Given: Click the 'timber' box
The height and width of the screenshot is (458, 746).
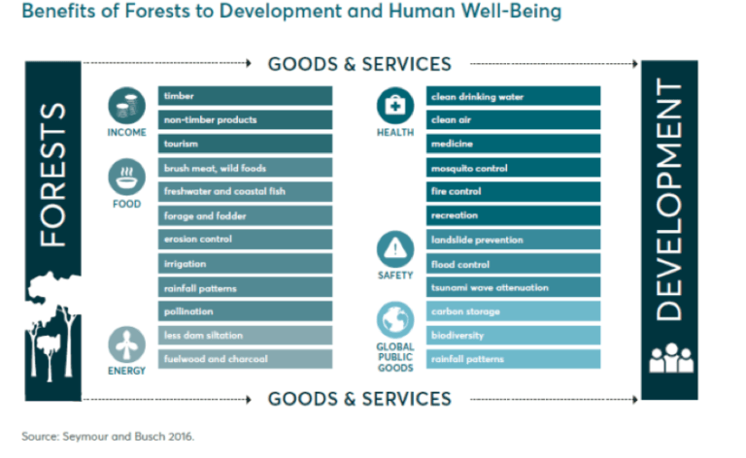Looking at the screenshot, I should tap(245, 96).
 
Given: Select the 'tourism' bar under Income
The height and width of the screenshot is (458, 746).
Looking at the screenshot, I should tap(245, 144).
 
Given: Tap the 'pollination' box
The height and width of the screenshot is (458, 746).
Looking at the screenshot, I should tap(245, 311).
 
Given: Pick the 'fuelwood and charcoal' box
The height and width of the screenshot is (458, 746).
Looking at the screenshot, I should tap(245, 359).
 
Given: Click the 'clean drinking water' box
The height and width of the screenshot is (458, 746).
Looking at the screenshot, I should tap(514, 96).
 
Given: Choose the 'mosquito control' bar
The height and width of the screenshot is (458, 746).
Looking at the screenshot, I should tap(514, 168).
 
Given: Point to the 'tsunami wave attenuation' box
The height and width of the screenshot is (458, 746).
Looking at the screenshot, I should tap(514, 287).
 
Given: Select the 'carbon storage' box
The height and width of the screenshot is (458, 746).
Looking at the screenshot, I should tap(514, 311).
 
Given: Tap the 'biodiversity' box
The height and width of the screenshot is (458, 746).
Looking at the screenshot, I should tap(514, 336).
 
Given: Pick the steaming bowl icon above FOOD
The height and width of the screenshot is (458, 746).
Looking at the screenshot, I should tap(126, 178).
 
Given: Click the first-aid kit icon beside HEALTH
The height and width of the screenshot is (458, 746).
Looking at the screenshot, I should tap(394, 105).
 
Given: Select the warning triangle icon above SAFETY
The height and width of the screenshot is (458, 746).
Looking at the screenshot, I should tap(394, 249).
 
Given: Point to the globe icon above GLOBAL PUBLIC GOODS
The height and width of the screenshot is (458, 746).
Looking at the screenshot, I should tap(394, 320).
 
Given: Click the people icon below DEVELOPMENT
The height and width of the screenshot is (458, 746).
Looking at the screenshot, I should tap(670, 358).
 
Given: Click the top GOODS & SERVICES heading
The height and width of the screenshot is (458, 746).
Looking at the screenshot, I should tap(359, 64).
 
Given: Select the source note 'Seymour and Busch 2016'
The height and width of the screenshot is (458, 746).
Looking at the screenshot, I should tap(108, 437).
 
